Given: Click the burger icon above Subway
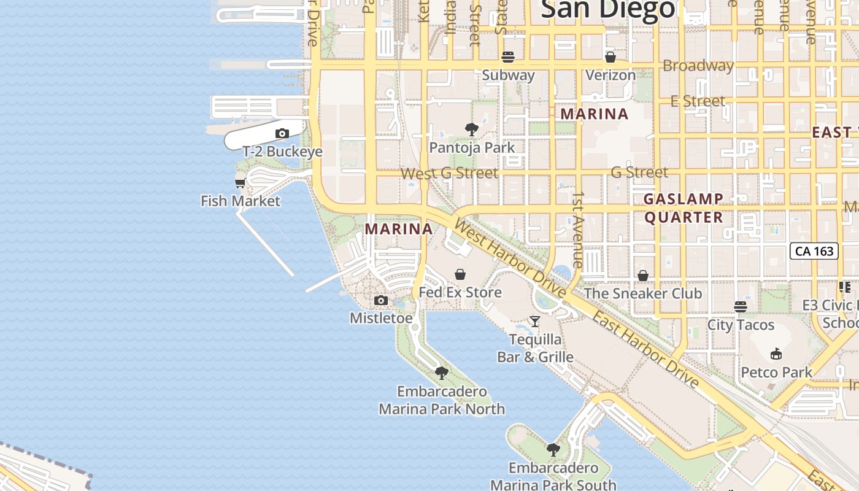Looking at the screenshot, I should coord(507,58).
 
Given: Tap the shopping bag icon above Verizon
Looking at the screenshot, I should coord(610,58).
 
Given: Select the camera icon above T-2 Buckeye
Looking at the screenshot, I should coord(282,133).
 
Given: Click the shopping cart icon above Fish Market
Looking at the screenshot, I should coord(240,183).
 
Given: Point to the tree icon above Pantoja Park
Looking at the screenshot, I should coord(471,130).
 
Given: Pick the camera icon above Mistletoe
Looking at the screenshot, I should coord(380,300).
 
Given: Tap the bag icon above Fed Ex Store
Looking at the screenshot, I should coord(460,274).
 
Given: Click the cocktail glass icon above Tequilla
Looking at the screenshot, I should coord(535,321).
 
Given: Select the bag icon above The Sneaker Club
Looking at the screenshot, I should coord(642,276).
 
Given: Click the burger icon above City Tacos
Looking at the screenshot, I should coord(741,307).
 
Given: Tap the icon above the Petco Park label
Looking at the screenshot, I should coord(776,354).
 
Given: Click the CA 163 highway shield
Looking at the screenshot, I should coord(814,251).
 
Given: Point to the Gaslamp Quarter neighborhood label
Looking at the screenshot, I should coord(684,208).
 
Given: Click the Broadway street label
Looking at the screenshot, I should coord(698,66).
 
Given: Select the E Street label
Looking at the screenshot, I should coord(698,101).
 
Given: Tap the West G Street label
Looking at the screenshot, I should coord(449,173).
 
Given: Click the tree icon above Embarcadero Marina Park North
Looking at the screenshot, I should coord(441,373).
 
